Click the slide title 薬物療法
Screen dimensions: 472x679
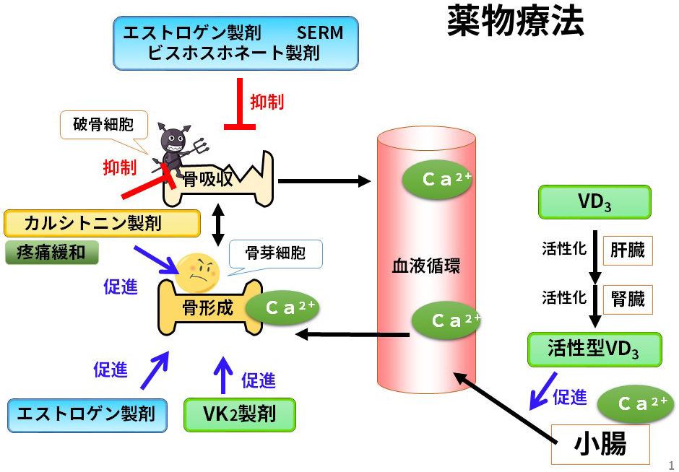coord(515,23)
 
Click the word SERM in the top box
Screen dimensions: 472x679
coord(319,32)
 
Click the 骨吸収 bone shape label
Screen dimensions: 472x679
coord(207,179)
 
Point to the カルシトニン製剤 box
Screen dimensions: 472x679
coord(102,224)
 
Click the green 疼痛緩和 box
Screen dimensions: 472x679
coord(51,253)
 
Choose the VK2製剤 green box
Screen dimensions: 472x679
coord(240,415)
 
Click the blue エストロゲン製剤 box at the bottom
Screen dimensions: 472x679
coord(86,415)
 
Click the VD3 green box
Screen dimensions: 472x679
coord(594,202)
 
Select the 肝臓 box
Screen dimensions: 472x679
coord(627,251)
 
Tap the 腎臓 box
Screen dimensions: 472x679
coord(627,297)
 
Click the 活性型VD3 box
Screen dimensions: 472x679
coord(594,350)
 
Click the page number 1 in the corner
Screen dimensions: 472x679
coord(670,464)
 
